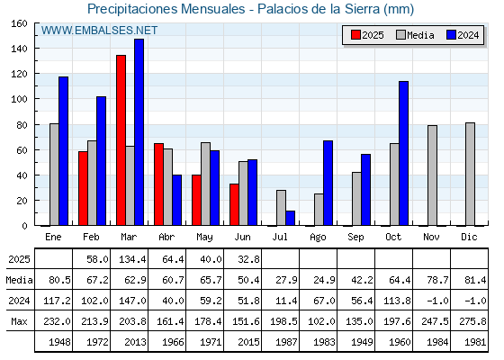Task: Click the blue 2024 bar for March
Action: (x=139, y=132)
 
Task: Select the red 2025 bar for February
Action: (x=83, y=188)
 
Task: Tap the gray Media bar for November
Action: (x=432, y=175)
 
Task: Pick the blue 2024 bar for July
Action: (x=290, y=218)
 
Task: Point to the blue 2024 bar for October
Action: (x=404, y=153)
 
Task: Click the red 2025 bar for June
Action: (x=234, y=204)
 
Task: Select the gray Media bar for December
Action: (x=470, y=174)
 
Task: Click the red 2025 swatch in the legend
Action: (x=355, y=35)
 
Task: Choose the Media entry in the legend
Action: (x=415, y=35)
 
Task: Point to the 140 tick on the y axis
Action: (x=36, y=49)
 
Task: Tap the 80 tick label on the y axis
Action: (x=22, y=125)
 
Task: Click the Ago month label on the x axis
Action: (x=318, y=238)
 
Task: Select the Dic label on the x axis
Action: (x=469, y=237)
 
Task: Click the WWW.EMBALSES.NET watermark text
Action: (x=99, y=31)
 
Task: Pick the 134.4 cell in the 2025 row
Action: (x=133, y=259)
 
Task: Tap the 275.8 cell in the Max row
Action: (x=472, y=321)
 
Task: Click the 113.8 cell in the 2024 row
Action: (x=397, y=301)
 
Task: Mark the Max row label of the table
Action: (x=19, y=321)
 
